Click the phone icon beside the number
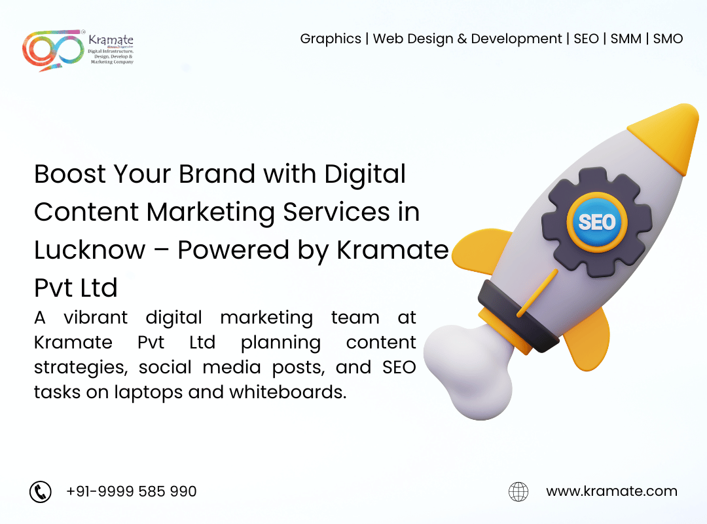click(x=41, y=491)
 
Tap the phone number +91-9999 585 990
click(x=131, y=491)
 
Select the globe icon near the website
click(x=518, y=491)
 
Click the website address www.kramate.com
click(x=611, y=491)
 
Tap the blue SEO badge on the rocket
click(x=597, y=222)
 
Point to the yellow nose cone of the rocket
click(x=667, y=136)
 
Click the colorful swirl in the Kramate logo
click(x=53, y=50)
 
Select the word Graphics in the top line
click(x=331, y=39)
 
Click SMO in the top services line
click(x=668, y=39)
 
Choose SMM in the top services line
click(x=626, y=39)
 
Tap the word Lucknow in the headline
click(x=90, y=250)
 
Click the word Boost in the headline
click(x=70, y=174)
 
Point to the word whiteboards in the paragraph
click(x=287, y=392)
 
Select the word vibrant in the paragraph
click(x=96, y=317)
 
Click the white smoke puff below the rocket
click(x=469, y=371)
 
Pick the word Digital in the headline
click(x=365, y=174)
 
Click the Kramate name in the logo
click(x=111, y=40)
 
